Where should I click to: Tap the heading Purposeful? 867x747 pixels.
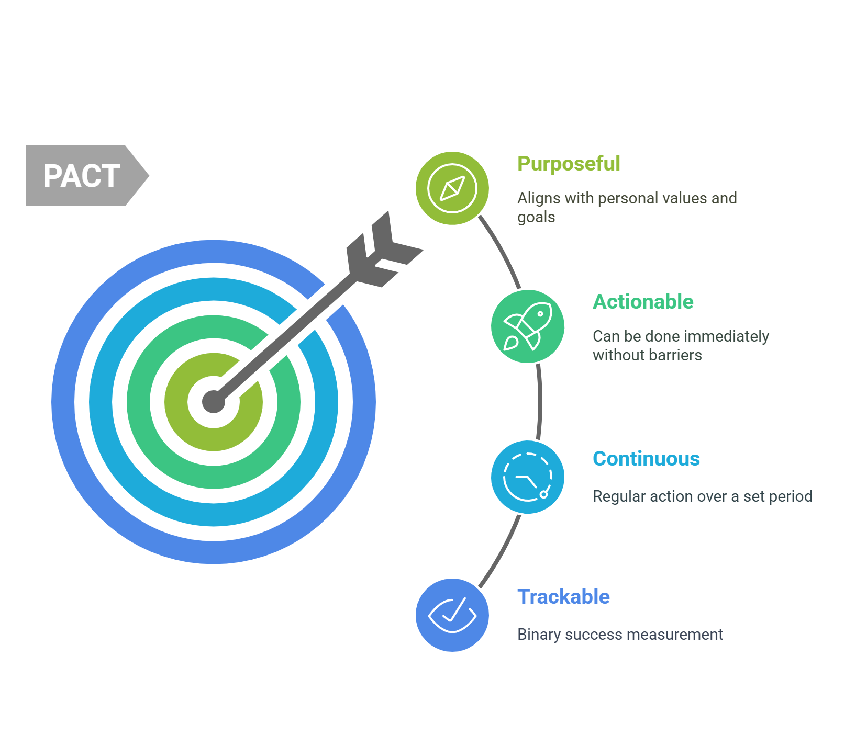(569, 164)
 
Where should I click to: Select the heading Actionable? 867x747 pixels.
(643, 302)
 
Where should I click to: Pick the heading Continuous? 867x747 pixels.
(646, 459)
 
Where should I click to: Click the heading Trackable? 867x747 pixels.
(563, 597)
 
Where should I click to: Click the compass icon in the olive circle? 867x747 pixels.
(452, 188)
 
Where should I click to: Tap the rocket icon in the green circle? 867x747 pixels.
(528, 326)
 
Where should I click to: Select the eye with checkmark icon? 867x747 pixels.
(452, 615)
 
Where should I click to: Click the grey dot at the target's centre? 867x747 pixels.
(214, 402)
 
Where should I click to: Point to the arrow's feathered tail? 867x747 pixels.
(384, 250)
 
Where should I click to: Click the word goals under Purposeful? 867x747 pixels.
(536, 218)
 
